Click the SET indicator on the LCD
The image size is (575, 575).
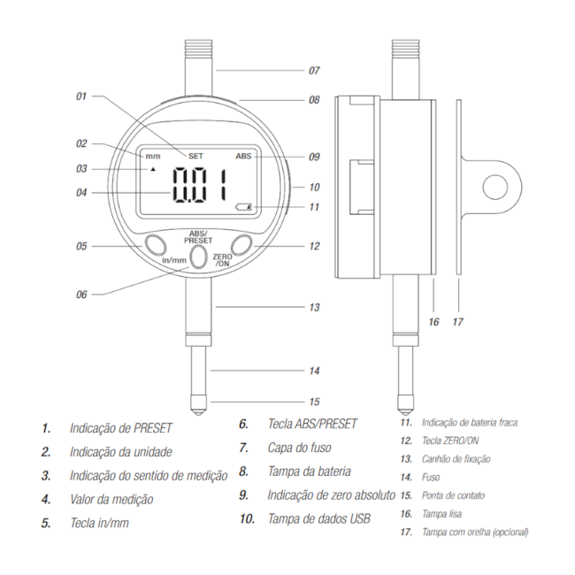point(195,157)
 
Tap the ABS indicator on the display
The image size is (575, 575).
point(243,157)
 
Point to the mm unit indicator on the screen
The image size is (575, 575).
point(153,157)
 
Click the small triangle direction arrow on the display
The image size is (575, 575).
point(153,170)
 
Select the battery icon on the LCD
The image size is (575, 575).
point(243,207)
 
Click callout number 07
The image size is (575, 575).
point(314,71)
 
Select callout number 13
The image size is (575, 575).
point(314,307)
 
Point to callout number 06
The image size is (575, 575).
point(81,295)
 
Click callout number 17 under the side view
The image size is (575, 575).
point(457,322)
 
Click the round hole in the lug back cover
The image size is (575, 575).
point(495,187)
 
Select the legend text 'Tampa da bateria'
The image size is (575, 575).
point(310,471)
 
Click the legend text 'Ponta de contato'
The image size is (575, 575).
point(453,495)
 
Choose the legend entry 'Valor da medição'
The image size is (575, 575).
point(111,499)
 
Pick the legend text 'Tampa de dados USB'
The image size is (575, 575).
point(319,518)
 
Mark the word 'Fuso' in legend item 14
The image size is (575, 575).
point(431,477)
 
